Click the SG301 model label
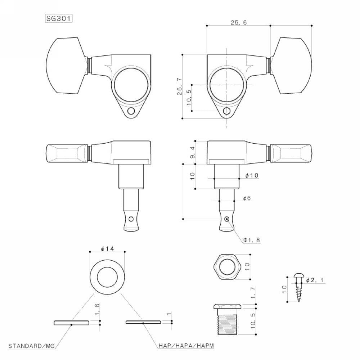pyautogui.click(x=57, y=18)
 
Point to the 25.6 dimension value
pyautogui.click(x=238, y=22)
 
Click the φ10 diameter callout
pyautogui.click(x=252, y=175)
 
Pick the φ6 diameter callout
pyautogui.click(x=247, y=198)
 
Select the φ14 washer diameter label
pyautogui.click(x=107, y=248)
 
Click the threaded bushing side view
pyautogui.click(x=228, y=319)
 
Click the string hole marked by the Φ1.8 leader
pyautogui.click(x=226, y=219)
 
